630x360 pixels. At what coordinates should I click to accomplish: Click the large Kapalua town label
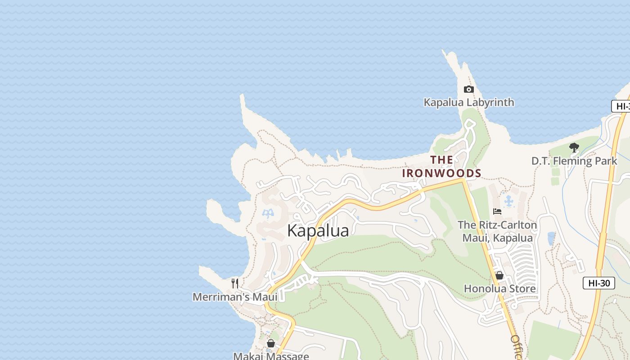pyautogui.click(x=318, y=230)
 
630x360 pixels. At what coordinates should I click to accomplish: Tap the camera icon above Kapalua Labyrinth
pyautogui.click(x=469, y=89)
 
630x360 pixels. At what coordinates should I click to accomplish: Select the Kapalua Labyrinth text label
pyautogui.click(x=469, y=103)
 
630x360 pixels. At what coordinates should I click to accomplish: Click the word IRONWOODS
pyautogui.click(x=441, y=173)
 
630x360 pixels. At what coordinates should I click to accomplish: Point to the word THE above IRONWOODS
pyautogui.click(x=441, y=160)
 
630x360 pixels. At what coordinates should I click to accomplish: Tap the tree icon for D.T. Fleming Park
pyautogui.click(x=574, y=147)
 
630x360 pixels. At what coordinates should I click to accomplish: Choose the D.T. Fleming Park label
pyautogui.click(x=574, y=161)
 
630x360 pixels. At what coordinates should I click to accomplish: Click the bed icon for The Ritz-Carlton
pyautogui.click(x=497, y=211)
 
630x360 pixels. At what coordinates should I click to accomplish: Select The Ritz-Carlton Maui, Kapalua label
pyautogui.click(x=497, y=231)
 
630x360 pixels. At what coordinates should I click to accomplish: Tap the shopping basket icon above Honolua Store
pyautogui.click(x=499, y=275)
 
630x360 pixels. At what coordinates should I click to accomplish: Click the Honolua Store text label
pyautogui.click(x=499, y=288)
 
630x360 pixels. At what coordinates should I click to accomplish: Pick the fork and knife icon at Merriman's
pyautogui.click(x=234, y=283)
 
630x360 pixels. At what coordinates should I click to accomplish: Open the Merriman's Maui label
pyautogui.click(x=235, y=297)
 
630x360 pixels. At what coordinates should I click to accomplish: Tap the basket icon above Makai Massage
pyautogui.click(x=271, y=343)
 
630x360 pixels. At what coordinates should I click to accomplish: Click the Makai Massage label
pyautogui.click(x=271, y=356)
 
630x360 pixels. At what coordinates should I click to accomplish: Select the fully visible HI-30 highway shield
pyautogui.click(x=598, y=283)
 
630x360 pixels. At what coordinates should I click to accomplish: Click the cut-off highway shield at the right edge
pyautogui.click(x=621, y=107)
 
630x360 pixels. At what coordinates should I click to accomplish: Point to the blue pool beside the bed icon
pyautogui.click(x=509, y=201)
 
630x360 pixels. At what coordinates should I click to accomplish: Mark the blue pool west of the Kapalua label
pyautogui.click(x=268, y=213)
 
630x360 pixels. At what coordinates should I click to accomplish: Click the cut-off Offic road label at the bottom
pyautogui.click(x=516, y=347)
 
